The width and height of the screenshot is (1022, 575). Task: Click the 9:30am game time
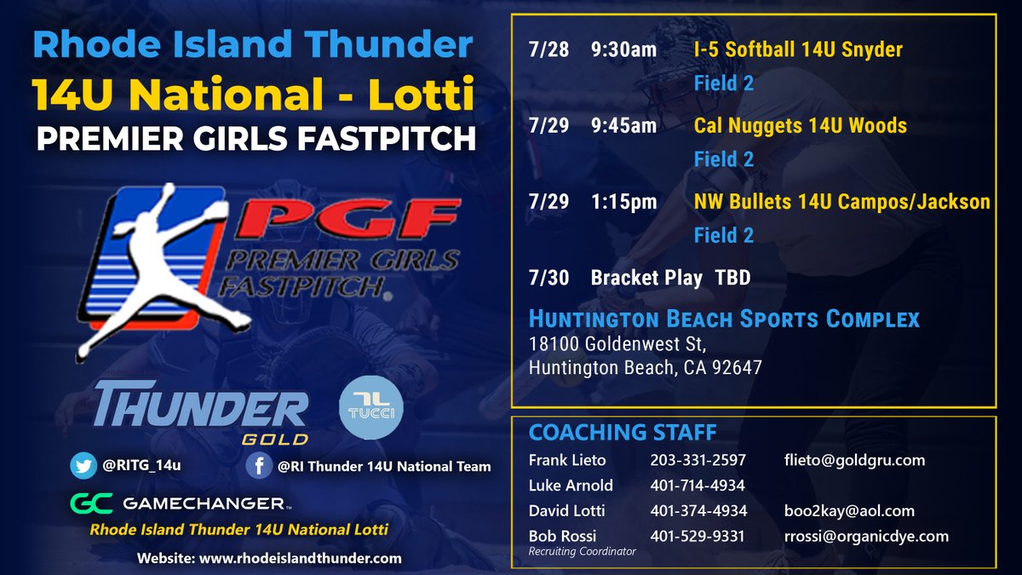[623, 50]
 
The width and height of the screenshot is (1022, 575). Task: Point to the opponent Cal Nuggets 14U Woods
[800, 126]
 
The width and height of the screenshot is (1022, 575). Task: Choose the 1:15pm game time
[623, 202]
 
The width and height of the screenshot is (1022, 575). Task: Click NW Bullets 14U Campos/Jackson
[841, 202]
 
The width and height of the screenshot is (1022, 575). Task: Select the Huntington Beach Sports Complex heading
[724, 319]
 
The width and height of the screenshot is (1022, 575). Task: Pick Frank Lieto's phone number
[698, 460]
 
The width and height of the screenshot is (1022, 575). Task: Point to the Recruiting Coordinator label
[582, 551]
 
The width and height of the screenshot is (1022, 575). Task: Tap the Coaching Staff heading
[622, 433]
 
